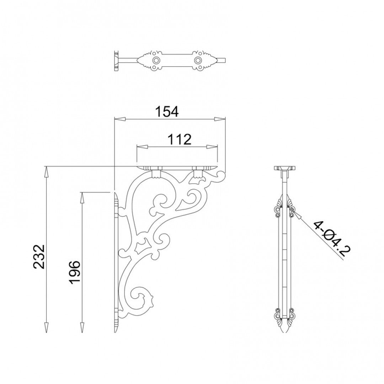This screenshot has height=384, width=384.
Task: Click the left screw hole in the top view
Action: pos(155,60)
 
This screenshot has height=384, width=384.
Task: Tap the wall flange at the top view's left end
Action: pos(116,61)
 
